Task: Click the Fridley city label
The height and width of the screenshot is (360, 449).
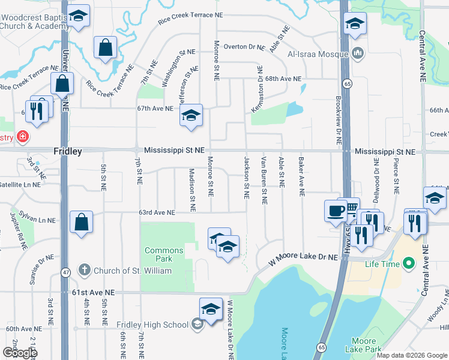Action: tap(67, 152)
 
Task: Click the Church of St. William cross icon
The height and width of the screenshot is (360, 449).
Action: tap(85, 271)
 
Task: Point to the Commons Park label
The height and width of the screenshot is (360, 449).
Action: tap(164, 254)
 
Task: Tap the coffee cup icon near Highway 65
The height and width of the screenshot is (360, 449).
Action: tap(335, 211)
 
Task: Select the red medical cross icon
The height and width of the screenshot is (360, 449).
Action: tap(23, 137)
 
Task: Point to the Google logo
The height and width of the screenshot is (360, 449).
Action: tap(20, 353)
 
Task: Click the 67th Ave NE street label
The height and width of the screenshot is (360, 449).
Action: tap(155, 109)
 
